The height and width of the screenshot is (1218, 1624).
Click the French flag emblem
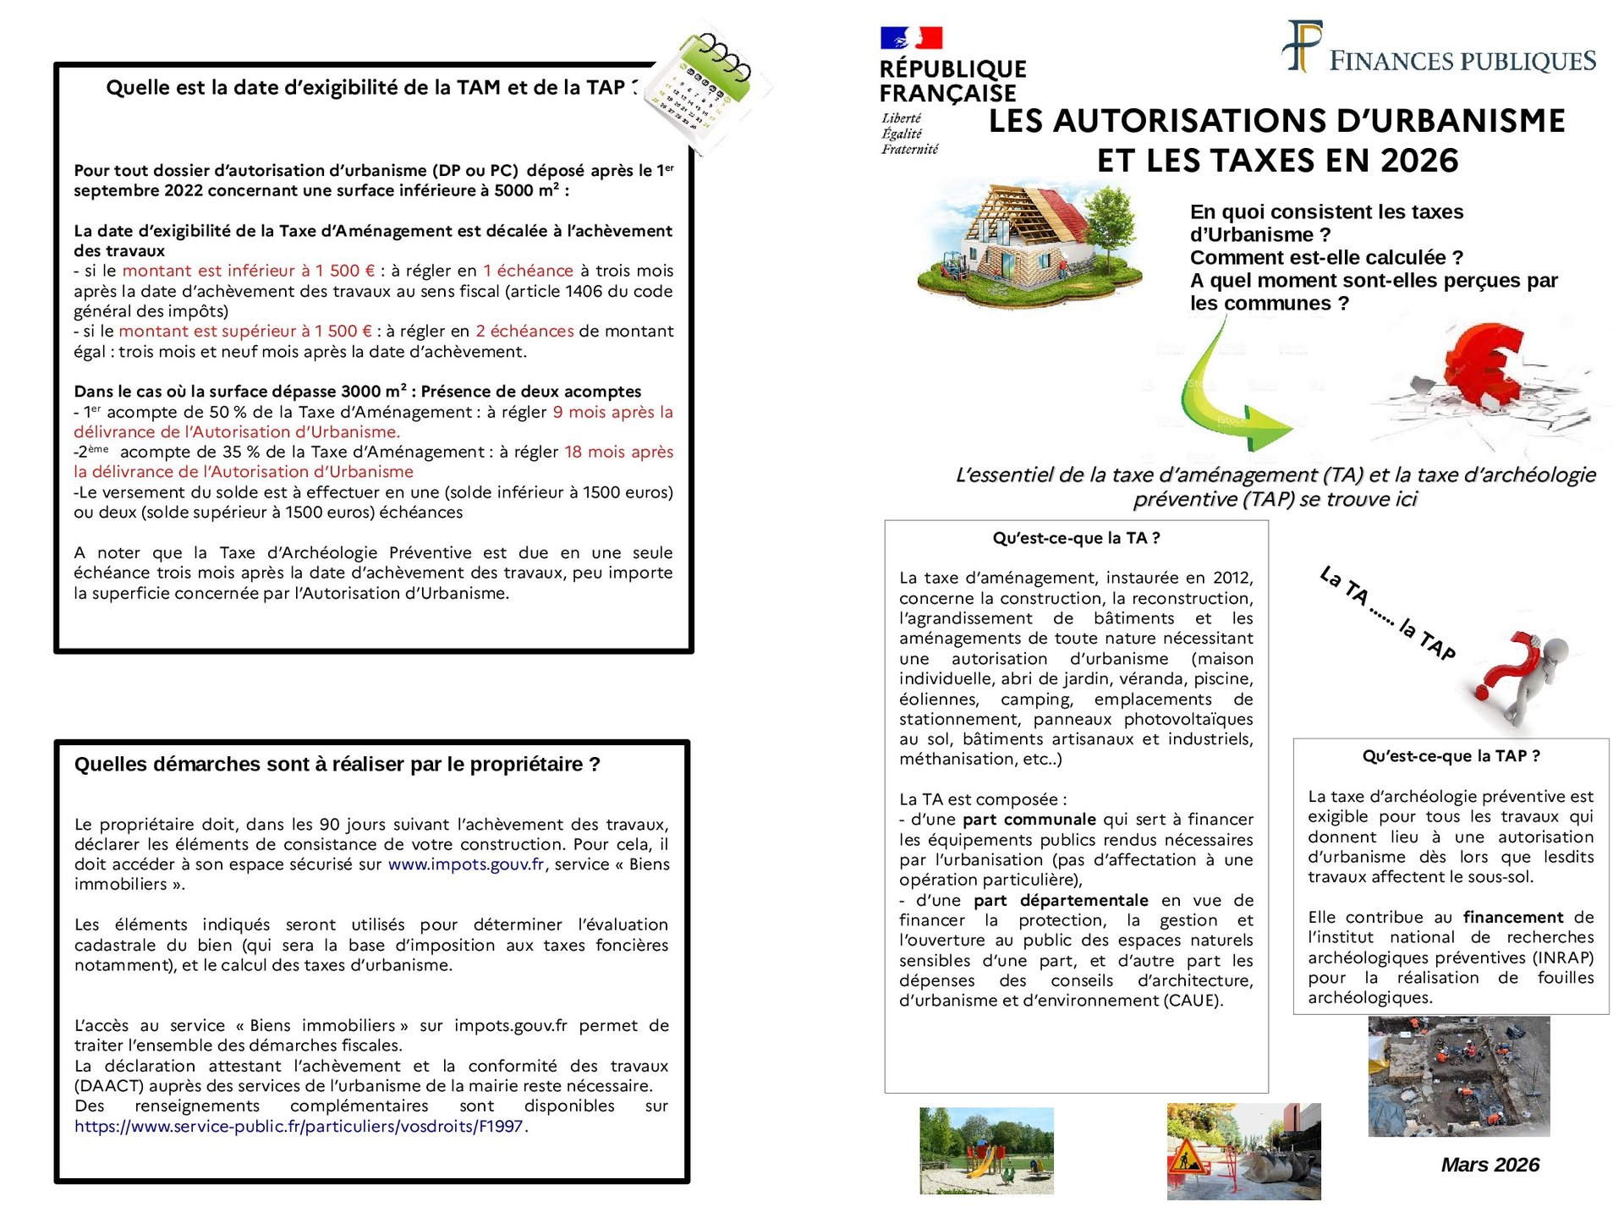[x=911, y=38]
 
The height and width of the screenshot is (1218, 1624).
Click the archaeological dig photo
[x=1458, y=1076]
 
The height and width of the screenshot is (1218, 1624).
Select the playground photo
[x=986, y=1149]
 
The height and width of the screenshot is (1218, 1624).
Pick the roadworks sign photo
[x=1243, y=1150]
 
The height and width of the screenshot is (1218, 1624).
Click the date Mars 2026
[x=1490, y=1165]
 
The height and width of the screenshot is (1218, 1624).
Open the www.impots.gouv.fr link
[x=466, y=864]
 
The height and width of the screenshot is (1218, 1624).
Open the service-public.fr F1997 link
[x=299, y=1127]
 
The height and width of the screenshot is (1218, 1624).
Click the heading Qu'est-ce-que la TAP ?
[x=1451, y=756]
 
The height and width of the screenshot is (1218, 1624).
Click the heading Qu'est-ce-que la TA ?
[x=1076, y=538]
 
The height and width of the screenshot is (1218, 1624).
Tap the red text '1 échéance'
[x=528, y=271]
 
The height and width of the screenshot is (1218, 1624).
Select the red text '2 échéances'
[x=524, y=332]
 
